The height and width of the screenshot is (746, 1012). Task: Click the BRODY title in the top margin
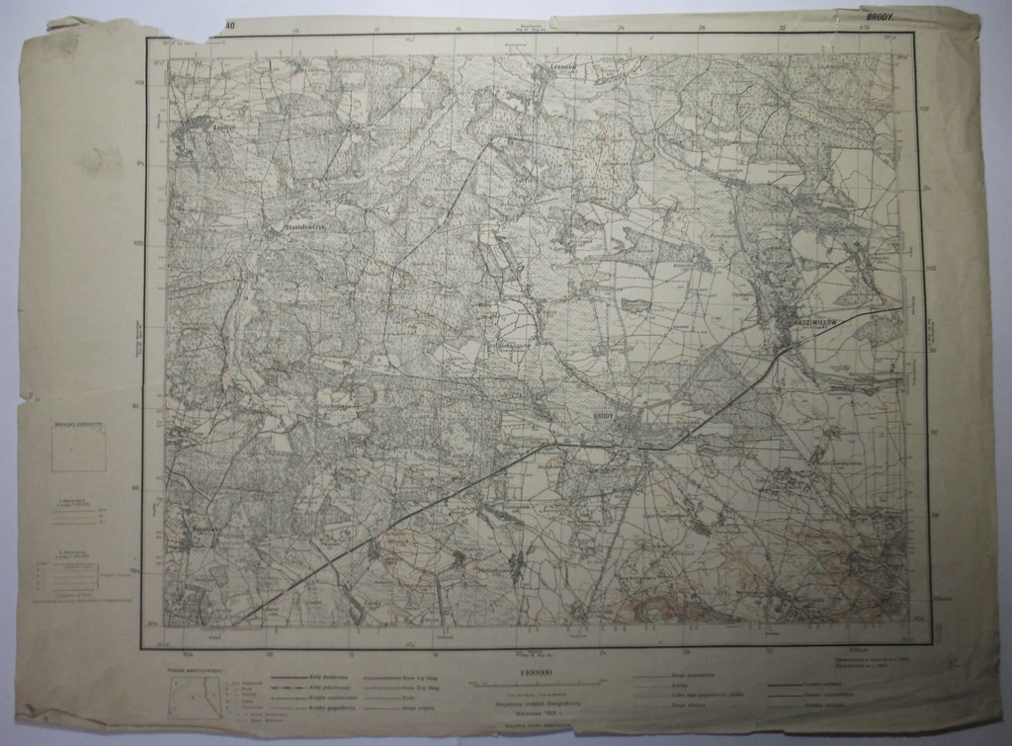click(x=880, y=17)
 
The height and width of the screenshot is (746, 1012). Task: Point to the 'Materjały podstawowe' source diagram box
click(x=79, y=447)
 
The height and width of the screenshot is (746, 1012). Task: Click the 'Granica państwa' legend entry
click(x=791, y=681)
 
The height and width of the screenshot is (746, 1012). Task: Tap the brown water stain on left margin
click(x=99, y=158)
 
